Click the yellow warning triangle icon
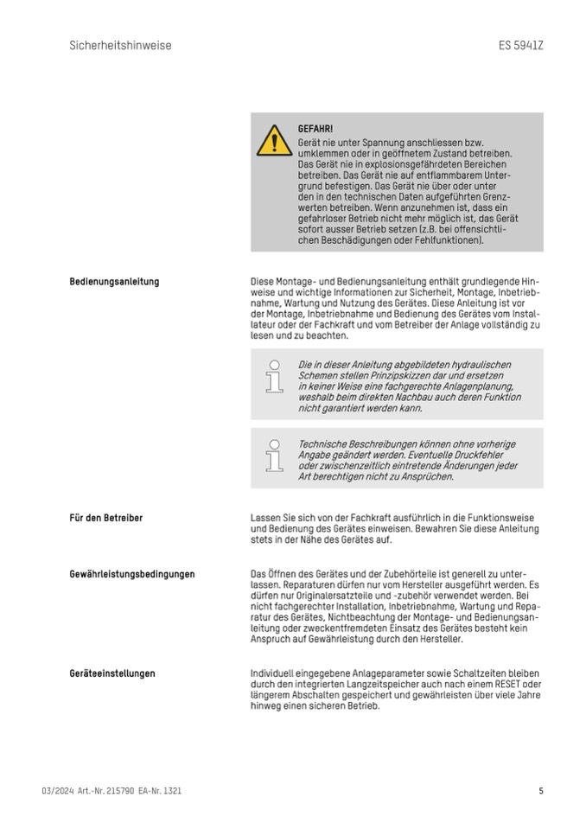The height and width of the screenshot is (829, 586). tap(274, 140)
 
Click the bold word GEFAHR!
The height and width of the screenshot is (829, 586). tap(315, 129)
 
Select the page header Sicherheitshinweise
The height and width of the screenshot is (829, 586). tap(120, 45)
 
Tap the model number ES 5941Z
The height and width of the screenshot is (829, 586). tap(521, 45)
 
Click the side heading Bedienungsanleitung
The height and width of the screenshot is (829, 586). tap(114, 282)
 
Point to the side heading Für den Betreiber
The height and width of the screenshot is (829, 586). tap(106, 518)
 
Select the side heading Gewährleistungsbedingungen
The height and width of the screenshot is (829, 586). tap(131, 573)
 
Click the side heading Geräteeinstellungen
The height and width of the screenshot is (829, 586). tap(112, 673)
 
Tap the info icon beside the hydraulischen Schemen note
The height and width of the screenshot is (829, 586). tap(274, 377)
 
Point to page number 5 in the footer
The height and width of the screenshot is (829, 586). tap(541, 790)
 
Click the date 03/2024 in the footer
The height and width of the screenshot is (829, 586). tap(57, 790)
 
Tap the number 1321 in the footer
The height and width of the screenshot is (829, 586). tap(171, 790)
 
